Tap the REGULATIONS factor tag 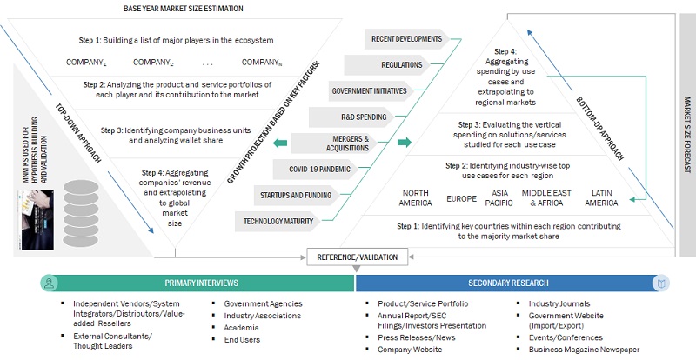tap(400, 64)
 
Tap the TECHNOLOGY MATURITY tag tap(276, 220)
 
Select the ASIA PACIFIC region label tap(500, 197)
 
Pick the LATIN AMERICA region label tap(602, 197)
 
